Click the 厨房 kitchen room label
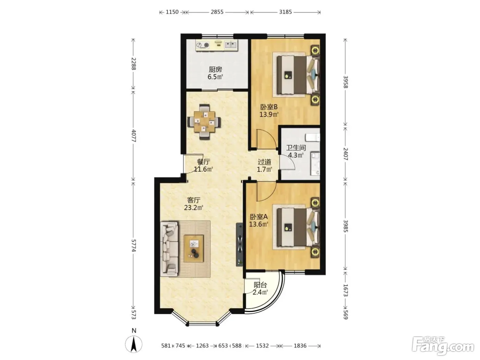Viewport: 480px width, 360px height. [x=215, y=70]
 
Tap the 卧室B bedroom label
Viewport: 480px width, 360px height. [x=269, y=107]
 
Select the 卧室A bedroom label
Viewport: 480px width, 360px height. [x=259, y=217]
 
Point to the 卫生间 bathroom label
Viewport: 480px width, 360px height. [x=296, y=148]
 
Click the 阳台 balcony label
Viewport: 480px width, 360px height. [x=260, y=285]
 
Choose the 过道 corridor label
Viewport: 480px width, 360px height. [x=264, y=162]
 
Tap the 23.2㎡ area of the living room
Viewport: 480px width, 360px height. [x=193, y=207]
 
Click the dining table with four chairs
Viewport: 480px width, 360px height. [x=204, y=122]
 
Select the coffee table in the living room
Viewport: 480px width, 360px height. [x=193, y=249]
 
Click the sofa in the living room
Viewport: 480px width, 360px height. [x=169, y=249]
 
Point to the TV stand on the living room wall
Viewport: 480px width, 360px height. [x=239, y=244]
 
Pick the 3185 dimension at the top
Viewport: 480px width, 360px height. [x=285, y=12]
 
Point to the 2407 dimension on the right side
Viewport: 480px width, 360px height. [x=345, y=154]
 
